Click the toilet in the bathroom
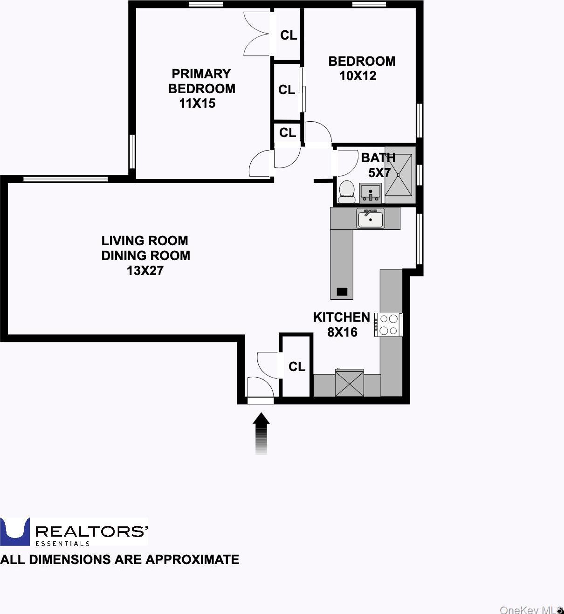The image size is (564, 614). (346, 192)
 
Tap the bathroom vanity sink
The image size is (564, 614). (371, 193)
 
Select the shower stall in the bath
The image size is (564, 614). (399, 175)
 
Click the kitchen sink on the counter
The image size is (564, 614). (371, 218)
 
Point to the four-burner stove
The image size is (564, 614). (388, 325)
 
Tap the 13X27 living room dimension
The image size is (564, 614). (145, 270)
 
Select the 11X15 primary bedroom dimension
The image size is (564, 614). (197, 103)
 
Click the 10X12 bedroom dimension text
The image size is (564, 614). (358, 76)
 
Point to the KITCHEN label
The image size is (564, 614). (341, 317)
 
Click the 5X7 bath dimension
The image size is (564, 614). (379, 172)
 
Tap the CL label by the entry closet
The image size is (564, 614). (296, 367)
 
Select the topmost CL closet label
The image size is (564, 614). (289, 35)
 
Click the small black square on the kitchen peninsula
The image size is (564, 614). (342, 292)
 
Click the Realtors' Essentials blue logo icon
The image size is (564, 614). (15, 531)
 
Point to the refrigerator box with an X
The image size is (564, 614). (350, 383)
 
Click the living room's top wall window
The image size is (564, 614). (65, 179)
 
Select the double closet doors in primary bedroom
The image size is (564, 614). (257, 34)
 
